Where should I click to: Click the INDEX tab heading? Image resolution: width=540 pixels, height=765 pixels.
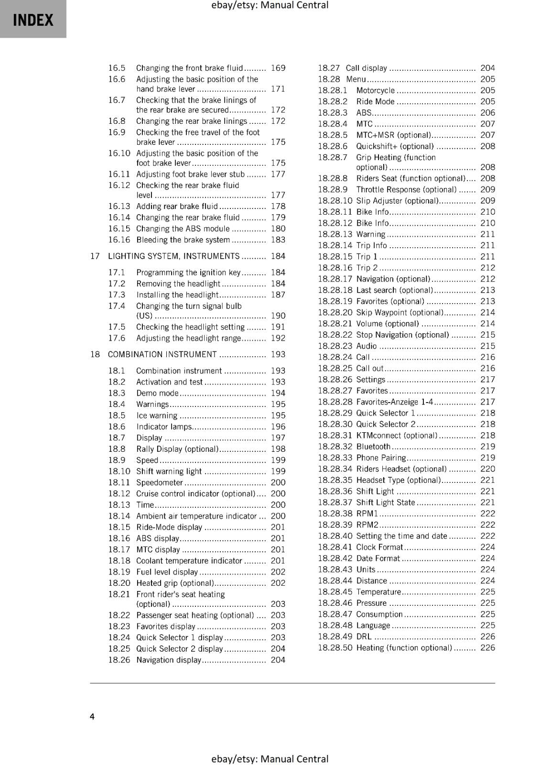tap(33, 20)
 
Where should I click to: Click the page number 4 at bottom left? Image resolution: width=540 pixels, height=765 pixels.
tap(92, 716)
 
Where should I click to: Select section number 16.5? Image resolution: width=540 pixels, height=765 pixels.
tap(116, 68)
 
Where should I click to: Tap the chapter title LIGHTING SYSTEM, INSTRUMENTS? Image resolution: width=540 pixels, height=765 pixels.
tap(173, 256)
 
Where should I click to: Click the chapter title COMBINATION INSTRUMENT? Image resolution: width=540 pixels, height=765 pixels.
tap(162, 354)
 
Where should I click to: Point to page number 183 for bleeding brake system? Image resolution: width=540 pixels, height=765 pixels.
tap(278, 240)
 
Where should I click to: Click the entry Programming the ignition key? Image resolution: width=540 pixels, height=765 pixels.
tap(188, 273)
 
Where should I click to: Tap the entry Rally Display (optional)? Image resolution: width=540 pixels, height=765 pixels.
tap(177, 449)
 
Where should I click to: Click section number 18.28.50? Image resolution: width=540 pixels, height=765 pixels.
tap(335, 648)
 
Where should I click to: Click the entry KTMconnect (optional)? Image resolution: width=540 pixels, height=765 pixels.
tap(397, 436)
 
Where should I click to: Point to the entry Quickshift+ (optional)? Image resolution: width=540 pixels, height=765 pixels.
tap(395, 146)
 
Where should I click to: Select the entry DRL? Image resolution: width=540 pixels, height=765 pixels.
tap(364, 637)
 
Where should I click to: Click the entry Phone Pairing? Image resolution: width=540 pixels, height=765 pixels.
tap(381, 458)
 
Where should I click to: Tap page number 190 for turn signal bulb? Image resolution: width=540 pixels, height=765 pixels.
tap(278, 316)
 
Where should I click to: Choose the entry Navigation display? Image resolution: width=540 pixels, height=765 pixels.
tap(169, 660)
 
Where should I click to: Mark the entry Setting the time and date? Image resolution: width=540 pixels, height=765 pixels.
tap(401, 536)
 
